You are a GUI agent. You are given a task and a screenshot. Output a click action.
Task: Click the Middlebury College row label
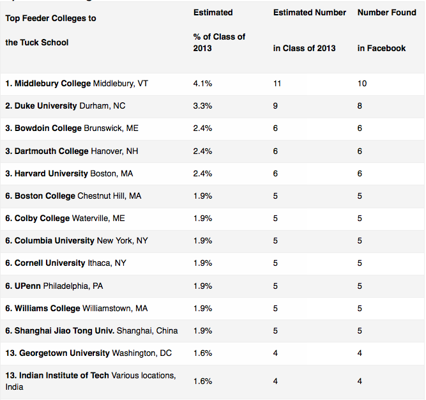pyautogui.click(x=77, y=84)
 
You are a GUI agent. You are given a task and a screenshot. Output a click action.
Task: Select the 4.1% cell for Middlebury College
pyautogui.click(x=202, y=84)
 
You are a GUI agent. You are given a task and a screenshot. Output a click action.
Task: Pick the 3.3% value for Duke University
pyautogui.click(x=202, y=106)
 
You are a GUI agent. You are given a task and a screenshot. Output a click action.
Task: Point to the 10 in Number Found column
pyautogui.click(x=362, y=84)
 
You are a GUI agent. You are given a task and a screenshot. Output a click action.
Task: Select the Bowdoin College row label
pyautogui.click(x=72, y=128)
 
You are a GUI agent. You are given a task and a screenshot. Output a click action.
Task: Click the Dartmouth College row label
pyautogui.click(x=75, y=151)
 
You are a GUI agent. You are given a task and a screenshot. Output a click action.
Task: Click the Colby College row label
pyautogui.click(x=65, y=218)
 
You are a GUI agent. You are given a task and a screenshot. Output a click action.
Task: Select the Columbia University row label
pyautogui.click(x=75, y=240)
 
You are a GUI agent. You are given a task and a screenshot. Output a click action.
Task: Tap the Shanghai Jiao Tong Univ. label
pyautogui.click(x=91, y=330)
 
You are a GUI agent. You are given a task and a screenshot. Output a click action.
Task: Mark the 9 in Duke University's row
pyautogui.click(x=275, y=106)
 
